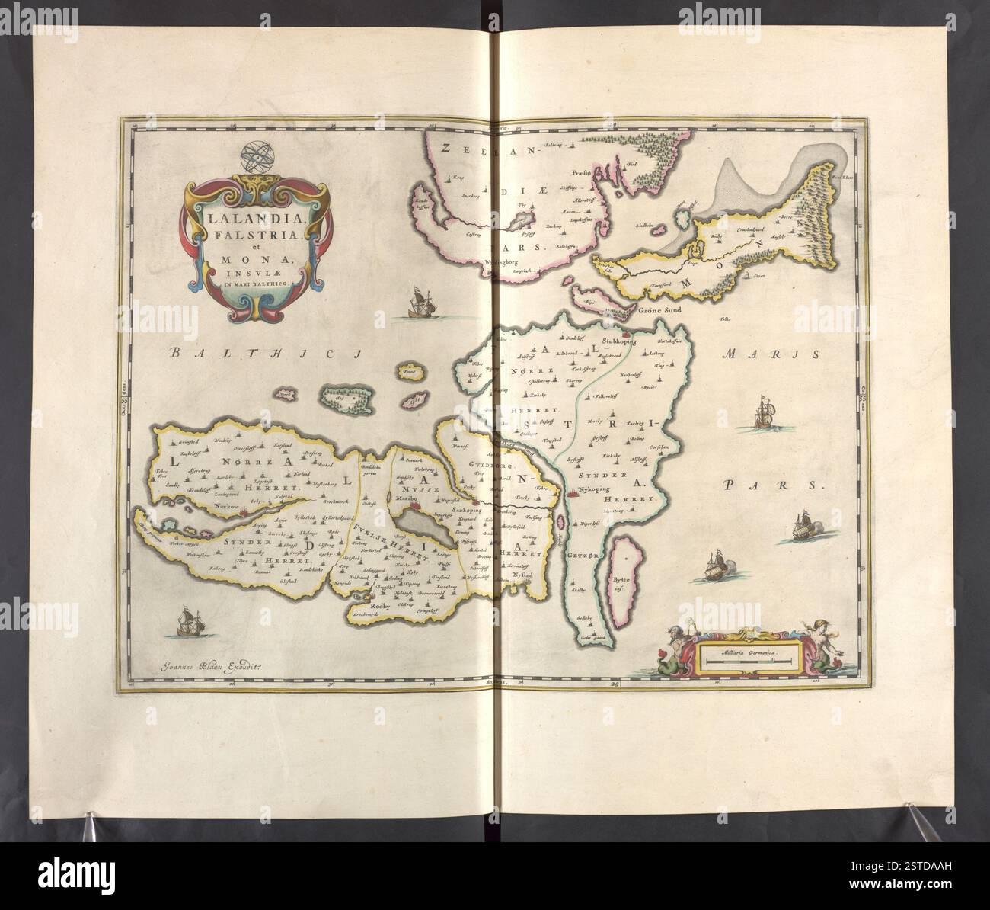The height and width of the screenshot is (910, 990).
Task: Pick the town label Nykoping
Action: tap(595, 492)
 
